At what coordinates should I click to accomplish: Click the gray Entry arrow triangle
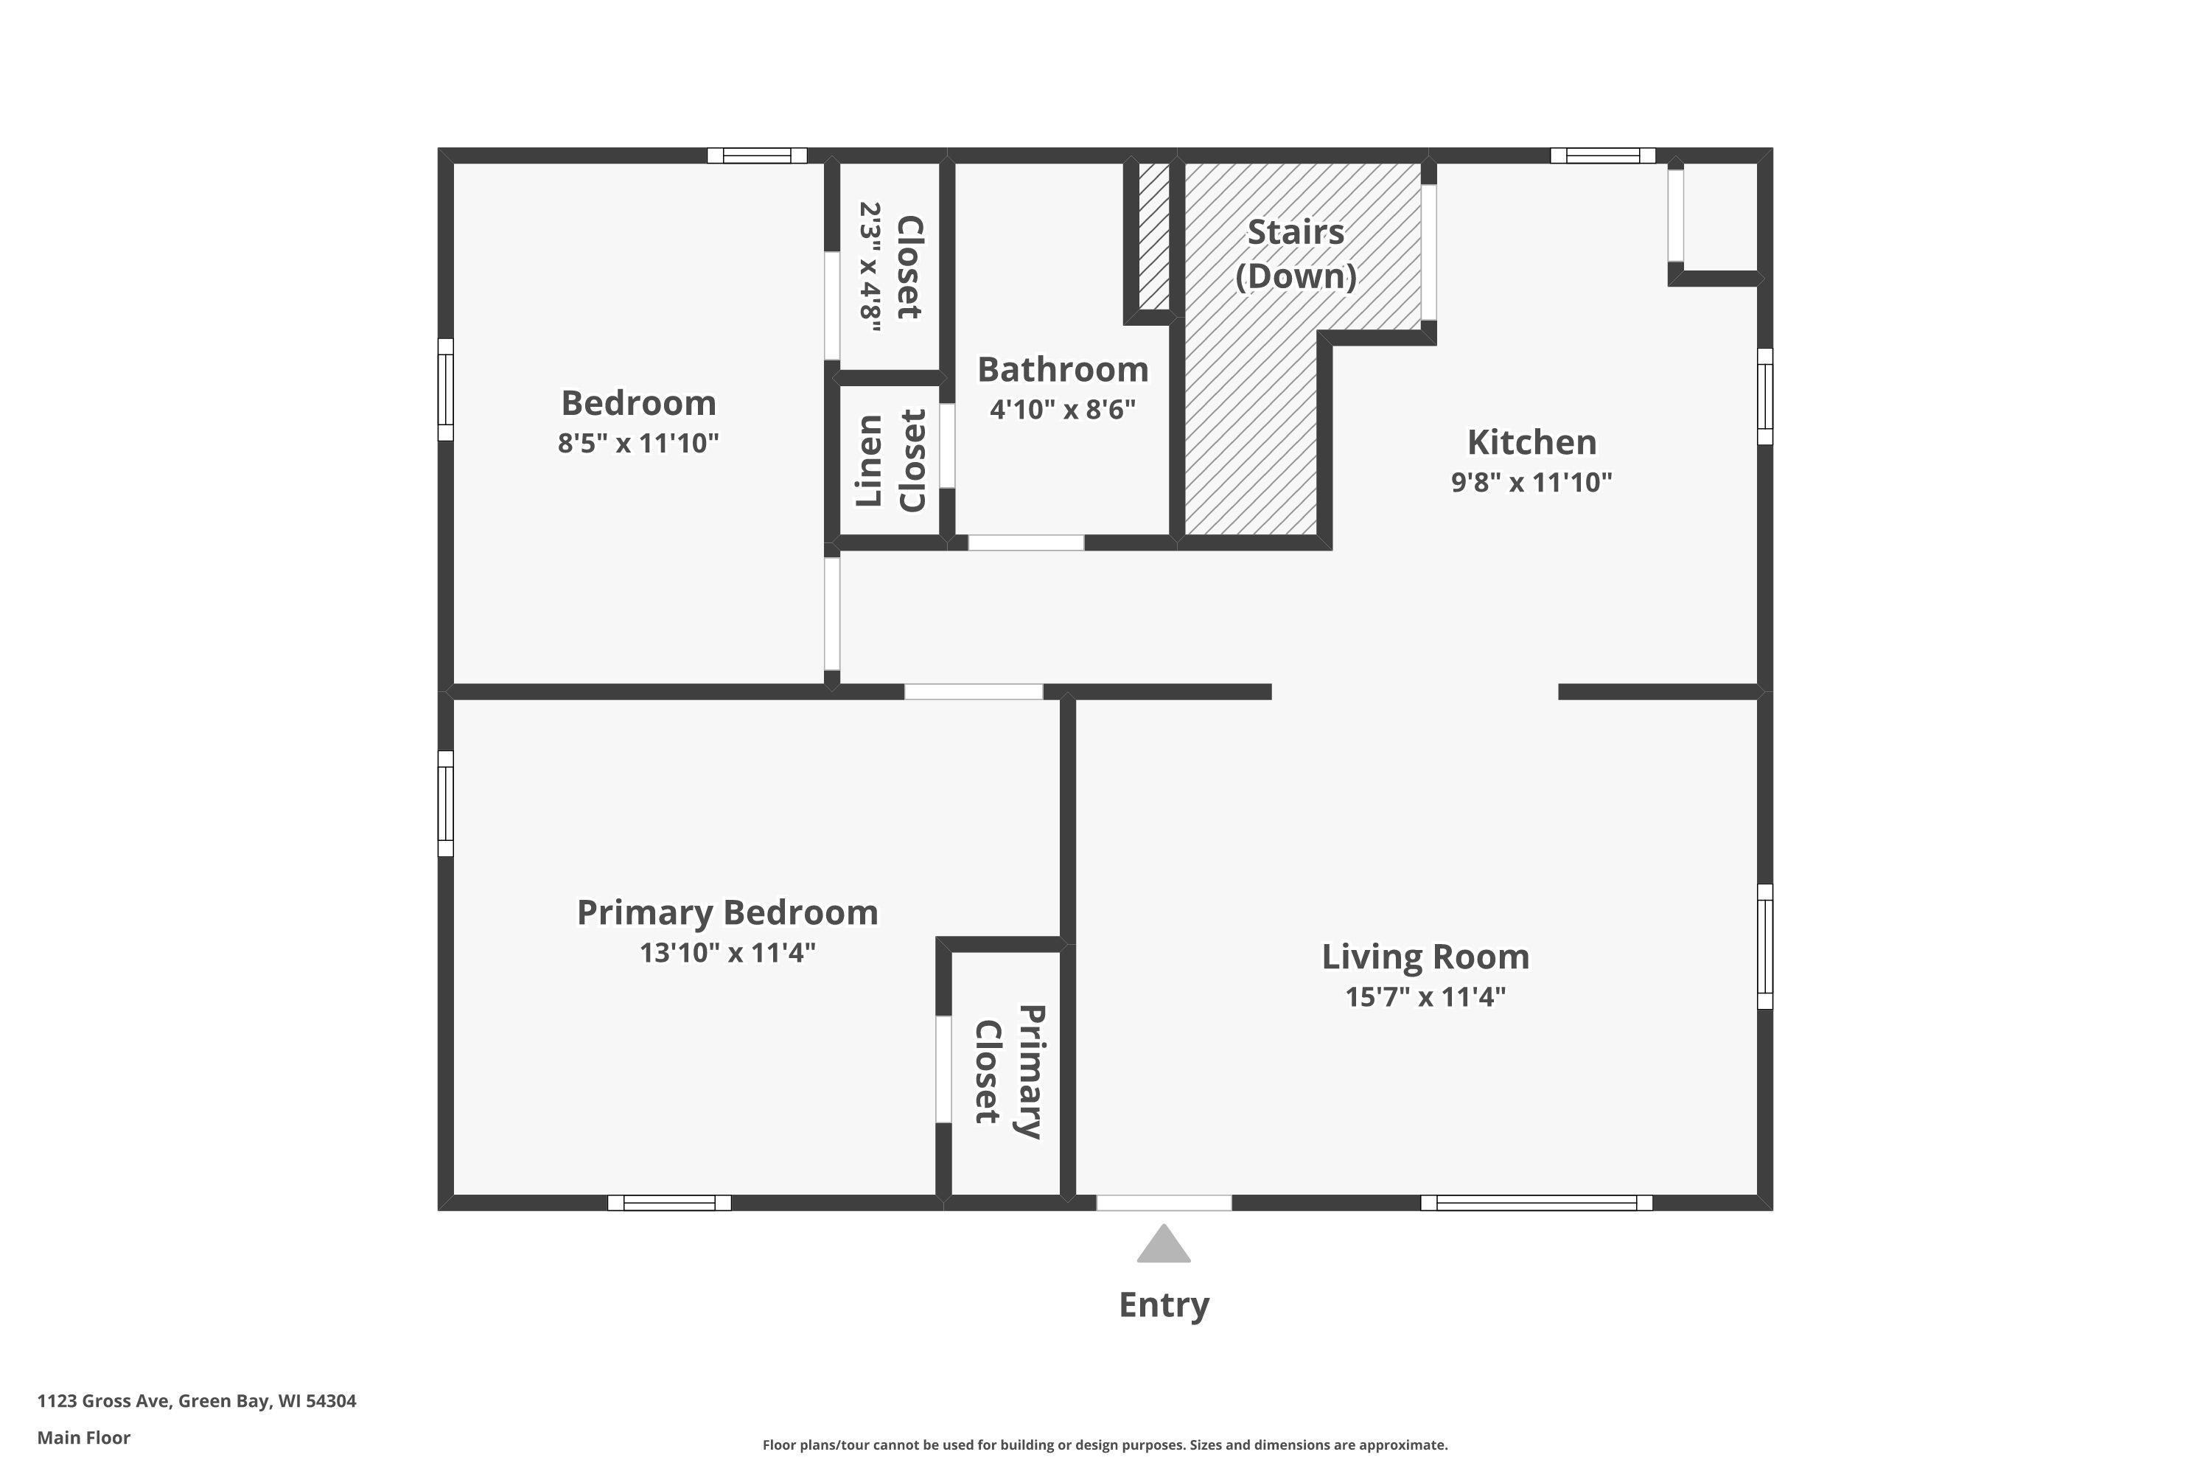pos(1164,1246)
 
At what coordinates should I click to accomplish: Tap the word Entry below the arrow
pos(1164,1304)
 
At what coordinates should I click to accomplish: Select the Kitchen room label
pos(1531,441)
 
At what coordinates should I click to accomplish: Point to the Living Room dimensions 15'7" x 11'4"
pos(1425,996)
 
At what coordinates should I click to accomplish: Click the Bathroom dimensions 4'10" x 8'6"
pos(1062,409)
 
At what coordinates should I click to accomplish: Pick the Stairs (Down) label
pos(1296,254)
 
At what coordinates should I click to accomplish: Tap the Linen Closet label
pos(890,461)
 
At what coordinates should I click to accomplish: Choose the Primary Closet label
pos(1009,1072)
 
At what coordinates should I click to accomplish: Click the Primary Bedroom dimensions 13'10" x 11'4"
pos(727,952)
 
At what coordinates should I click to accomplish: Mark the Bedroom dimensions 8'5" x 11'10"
pos(638,443)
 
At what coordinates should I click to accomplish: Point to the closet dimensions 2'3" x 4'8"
pos(870,267)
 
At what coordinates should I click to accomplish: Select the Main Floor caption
pos(84,1437)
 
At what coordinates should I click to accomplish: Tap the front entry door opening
pos(1164,1202)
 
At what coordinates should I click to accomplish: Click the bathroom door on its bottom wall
pos(1026,542)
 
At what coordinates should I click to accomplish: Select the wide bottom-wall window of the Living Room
pos(1536,1202)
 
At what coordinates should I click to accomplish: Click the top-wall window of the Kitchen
pos(1603,155)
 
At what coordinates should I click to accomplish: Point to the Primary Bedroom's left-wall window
pos(446,804)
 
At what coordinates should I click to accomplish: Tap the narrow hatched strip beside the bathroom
pos(1153,236)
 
